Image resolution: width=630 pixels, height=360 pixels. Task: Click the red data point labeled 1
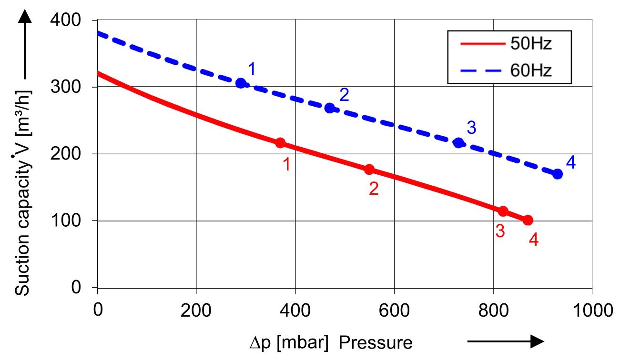280,143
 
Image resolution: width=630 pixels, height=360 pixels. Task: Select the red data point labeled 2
369,170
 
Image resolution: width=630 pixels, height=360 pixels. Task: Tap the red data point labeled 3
503,211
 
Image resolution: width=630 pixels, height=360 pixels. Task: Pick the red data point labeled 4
528,220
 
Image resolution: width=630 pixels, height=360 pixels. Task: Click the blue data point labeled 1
241,83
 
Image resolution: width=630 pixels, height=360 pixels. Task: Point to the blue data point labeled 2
329,108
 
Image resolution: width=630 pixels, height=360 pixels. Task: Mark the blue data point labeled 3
459,143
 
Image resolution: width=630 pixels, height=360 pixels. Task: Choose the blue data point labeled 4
558,174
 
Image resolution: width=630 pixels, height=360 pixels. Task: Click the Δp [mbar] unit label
290,343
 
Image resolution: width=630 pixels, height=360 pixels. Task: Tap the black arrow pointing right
505,341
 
